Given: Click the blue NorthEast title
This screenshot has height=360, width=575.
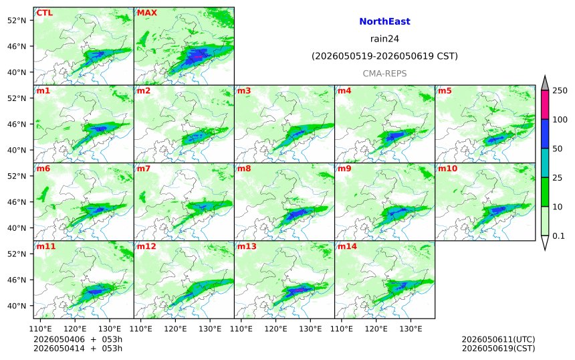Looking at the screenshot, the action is (384, 21).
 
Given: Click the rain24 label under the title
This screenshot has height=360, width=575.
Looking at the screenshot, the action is (384, 39).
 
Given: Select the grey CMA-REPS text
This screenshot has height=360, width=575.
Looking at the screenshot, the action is (384, 74).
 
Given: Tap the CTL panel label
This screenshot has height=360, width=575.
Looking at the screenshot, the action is (45, 13).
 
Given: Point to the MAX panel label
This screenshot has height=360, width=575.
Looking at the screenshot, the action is (146, 13).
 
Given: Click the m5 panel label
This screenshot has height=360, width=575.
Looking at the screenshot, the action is (445, 90).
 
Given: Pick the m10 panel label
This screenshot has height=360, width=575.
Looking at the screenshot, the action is (448, 169).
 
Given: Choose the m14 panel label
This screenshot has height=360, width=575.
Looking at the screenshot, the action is (347, 246).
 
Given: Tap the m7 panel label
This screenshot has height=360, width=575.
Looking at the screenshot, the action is (144, 169).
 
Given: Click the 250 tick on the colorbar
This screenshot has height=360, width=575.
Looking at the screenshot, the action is (560, 90).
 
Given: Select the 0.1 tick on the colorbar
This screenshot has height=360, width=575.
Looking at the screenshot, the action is (558, 236).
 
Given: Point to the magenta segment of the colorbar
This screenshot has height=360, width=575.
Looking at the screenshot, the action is (545, 104).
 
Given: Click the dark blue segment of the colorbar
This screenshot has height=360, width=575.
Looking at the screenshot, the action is (545, 134).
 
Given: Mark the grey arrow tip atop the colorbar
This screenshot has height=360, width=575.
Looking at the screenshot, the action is (545, 76).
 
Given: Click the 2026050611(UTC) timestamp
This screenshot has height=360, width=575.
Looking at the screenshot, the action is (498, 339).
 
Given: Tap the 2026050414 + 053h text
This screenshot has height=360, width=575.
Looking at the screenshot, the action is (78, 348).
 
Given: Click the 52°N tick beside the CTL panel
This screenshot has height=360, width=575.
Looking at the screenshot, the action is (17, 20).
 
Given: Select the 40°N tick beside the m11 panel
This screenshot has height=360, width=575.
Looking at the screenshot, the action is (17, 306).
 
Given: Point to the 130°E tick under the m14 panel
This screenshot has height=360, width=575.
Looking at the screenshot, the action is (411, 329).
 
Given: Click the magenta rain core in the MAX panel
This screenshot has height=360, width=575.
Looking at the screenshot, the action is (199, 57).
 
